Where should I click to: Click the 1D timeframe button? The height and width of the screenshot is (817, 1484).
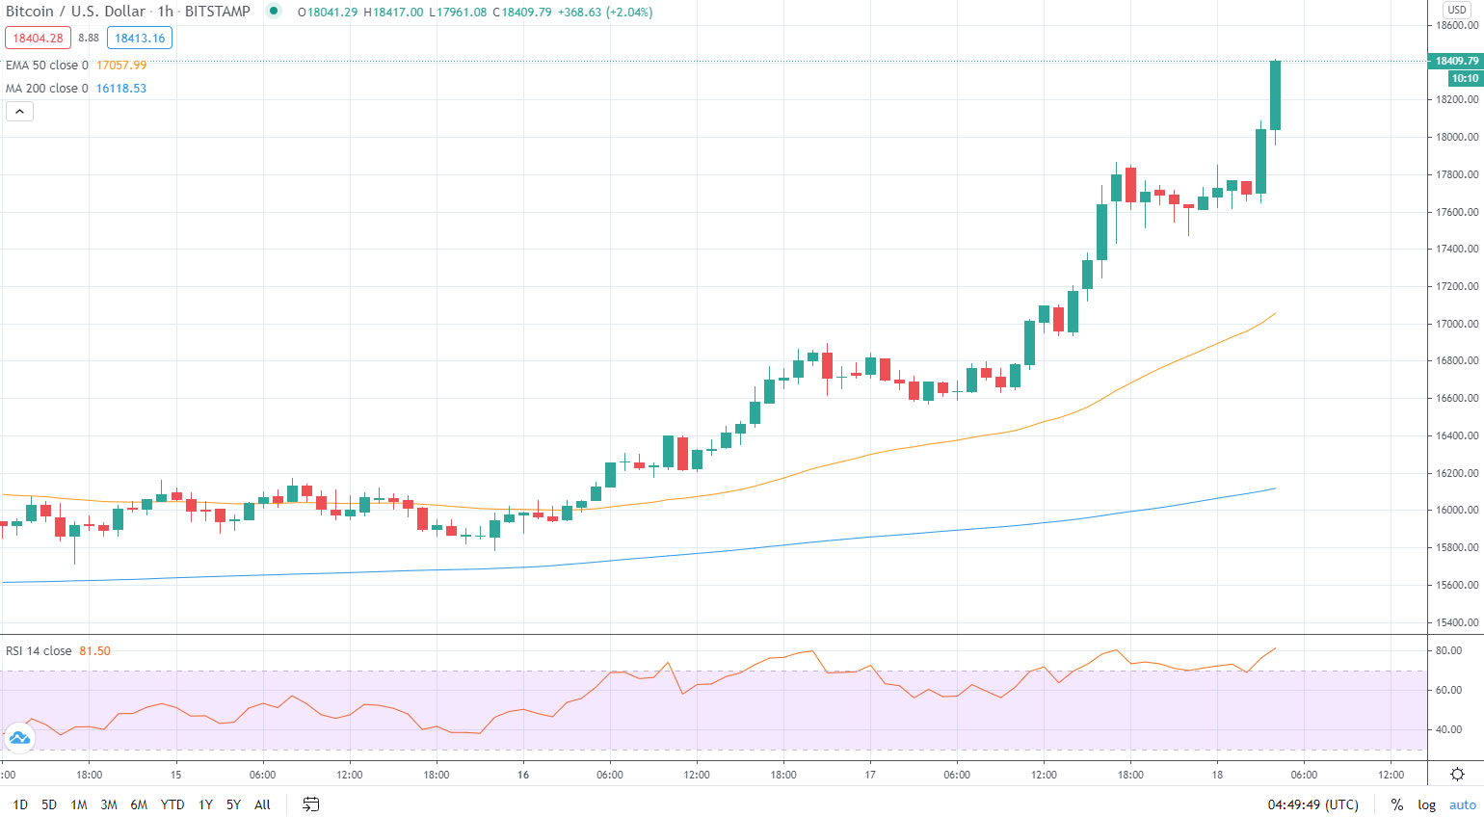point(20,804)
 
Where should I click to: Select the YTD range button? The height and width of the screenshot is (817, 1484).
point(172,804)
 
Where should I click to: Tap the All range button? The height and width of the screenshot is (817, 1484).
point(262,804)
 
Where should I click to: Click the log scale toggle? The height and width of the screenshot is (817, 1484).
point(1426,804)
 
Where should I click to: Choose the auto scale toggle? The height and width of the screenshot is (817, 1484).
point(1462,804)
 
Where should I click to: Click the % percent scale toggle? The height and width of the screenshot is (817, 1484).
point(1396,804)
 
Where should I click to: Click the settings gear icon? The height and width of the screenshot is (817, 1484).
point(1457,774)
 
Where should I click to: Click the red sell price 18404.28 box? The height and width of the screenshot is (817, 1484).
point(38,39)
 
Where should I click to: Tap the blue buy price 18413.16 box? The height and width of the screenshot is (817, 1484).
point(140,39)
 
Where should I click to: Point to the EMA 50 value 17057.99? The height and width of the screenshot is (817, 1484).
point(121,66)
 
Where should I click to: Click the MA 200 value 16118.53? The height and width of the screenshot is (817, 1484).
point(121,89)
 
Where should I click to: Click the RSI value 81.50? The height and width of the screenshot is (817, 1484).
point(94,651)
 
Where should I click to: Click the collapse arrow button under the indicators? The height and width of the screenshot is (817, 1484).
point(19,112)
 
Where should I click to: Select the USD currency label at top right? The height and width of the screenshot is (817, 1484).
point(1456,10)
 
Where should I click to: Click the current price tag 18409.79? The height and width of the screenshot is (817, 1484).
point(1456,61)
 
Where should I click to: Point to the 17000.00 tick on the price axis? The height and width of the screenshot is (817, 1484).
point(1457,324)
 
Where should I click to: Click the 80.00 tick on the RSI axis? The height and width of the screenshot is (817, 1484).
point(1448,651)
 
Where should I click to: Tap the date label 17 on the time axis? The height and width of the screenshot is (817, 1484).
point(870,775)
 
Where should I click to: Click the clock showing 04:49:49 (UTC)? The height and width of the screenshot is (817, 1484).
point(1312,804)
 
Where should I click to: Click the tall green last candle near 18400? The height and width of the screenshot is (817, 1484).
point(1275,94)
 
